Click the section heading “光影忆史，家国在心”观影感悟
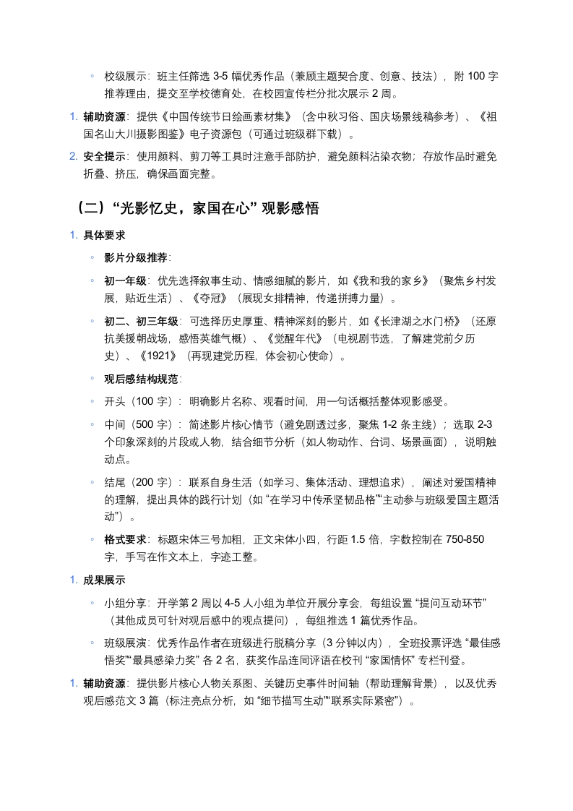coord(196,208)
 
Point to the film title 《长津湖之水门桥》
coord(412,321)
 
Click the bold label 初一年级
coord(126,280)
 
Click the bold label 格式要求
coord(126,539)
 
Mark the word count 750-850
coord(465,539)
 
